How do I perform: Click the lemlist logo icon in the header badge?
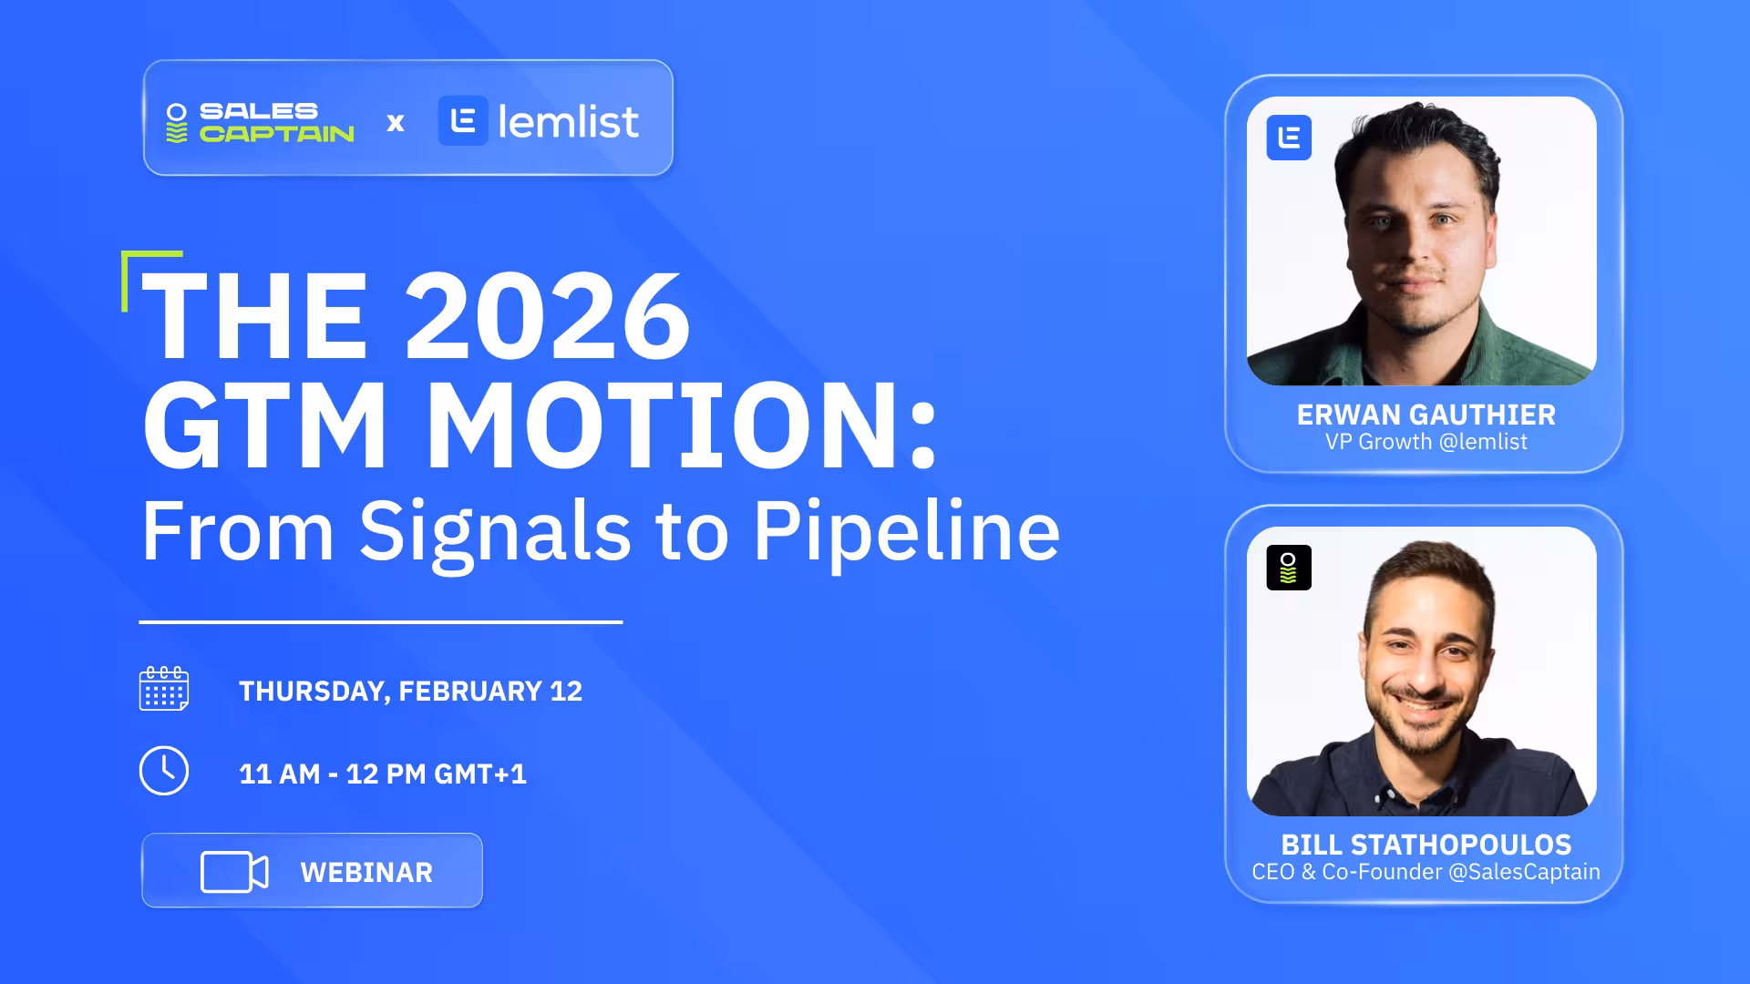coord(463,121)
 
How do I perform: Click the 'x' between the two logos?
coord(396,122)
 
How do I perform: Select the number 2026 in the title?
coord(547,316)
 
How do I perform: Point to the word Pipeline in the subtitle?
coord(906,533)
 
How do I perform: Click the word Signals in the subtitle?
coord(495,533)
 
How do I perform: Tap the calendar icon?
coord(164,688)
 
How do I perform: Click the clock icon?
coord(164,771)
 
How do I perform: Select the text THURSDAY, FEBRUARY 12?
coord(410,692)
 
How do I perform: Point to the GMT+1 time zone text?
coord(480,774)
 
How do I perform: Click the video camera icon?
coord(234,872)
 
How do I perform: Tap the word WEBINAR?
coord(366,873)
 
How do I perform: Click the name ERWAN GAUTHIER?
coord(1426,415)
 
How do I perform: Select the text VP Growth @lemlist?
coord(1426,442)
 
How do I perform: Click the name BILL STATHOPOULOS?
coord(1426,845)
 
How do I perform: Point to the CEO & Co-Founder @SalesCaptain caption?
coord(1426,872)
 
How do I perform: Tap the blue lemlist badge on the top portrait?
coord(1289,138)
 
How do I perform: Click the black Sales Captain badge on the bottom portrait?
coord(1289,568)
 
